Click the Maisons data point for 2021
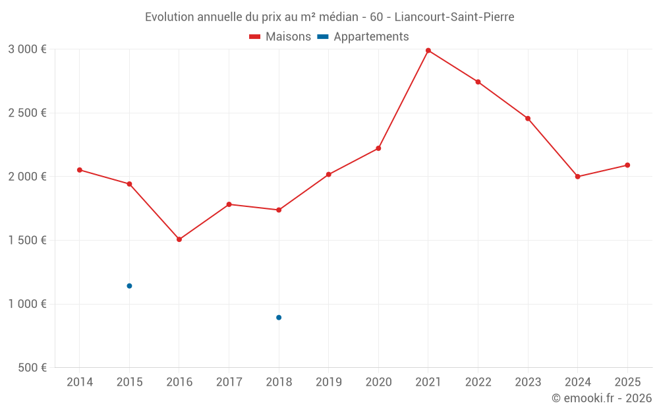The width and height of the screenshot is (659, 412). [x=428, y=51]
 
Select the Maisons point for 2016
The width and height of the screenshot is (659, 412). [x=179, y=239]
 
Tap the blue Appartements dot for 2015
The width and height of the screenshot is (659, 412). [x=129, y=286]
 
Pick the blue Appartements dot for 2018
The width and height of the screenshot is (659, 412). [x=279, y=318]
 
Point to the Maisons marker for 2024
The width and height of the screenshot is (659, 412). [x=577, y=177]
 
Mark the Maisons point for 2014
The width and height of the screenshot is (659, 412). [x=80, y=170]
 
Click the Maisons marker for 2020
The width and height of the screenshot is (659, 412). [x=378, y=148]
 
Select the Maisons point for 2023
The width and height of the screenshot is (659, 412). [x=528, y=119]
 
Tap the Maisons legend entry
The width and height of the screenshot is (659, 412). [x=280, y=37]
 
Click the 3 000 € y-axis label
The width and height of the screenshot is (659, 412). [x=27, y=49]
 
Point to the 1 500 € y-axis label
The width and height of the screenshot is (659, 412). [x=27, y=240]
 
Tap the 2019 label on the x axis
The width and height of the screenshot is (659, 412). [x=328, y=382]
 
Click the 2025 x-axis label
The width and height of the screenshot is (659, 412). [x=627, y=382]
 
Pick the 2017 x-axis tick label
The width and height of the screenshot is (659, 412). [x=229, y=382]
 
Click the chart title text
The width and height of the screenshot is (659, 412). [x=329, y=17]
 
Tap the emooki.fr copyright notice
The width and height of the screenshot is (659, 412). [x=601, y=398]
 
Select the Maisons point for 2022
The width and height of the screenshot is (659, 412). [x=478, y=82]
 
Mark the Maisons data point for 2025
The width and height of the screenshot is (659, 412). [x=627, y=165]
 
